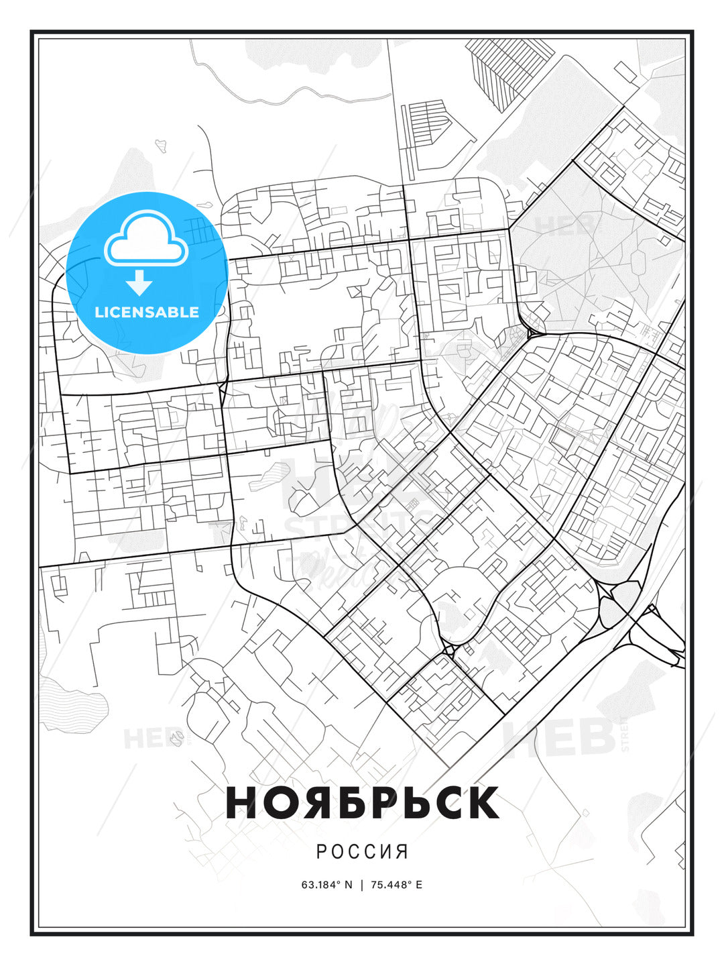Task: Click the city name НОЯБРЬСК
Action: click(x=362, y=802)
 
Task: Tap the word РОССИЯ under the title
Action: click(x=362, y=852)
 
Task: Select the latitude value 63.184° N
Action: click(x=326, y=885)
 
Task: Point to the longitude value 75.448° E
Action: click(x=396, y=885)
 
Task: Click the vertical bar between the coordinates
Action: click(x=362, y=885)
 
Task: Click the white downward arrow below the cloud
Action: click(x=139, y=282)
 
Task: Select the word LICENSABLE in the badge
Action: click(x=147, y=312)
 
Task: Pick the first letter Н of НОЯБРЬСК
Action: click(x=242, y=802)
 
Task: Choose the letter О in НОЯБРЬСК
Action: click(x=278, y=802)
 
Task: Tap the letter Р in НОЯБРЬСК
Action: click(x=380, y=802)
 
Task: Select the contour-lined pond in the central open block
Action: click(x=265, y=477)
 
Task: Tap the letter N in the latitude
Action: click(x=348, y=885)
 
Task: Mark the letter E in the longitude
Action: click(x=419, y=885)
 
